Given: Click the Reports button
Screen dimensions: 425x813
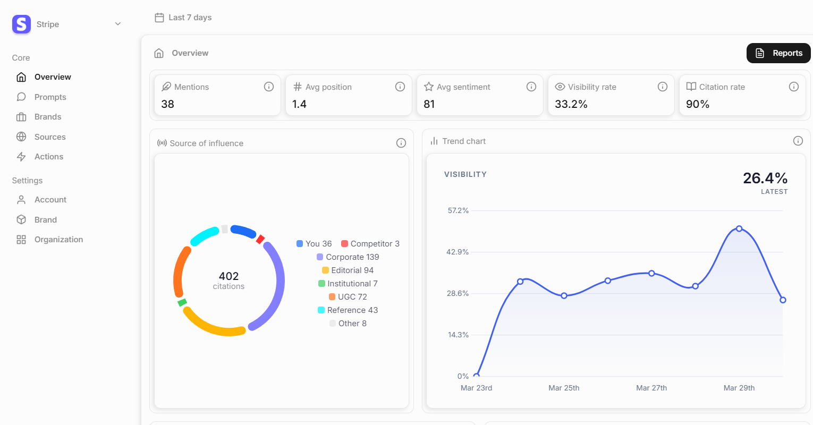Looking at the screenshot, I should click(778, 53).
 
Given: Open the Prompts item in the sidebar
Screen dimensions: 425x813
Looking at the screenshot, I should click(50, 97).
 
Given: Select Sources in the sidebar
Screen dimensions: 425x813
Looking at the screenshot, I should click(50, 137).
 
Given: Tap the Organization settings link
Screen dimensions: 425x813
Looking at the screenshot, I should click(58, 240).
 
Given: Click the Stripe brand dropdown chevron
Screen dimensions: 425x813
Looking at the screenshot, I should click(118, 24).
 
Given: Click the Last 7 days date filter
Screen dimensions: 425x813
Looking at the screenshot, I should click(183, 18).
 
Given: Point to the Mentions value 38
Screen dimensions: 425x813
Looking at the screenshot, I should click(168, 104).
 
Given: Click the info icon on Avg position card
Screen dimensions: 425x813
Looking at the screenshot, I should click(400, 87).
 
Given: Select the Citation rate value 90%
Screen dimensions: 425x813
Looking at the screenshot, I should click(698, 104).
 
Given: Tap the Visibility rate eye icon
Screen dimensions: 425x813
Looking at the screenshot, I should click(560, 87).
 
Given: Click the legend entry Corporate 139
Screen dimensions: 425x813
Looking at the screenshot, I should click(348, 257).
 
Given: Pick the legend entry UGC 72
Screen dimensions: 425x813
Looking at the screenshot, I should click(348, 297).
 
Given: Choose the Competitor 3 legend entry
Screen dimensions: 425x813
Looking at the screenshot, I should click(370, 244).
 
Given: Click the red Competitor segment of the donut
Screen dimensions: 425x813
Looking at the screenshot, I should click(260, 240).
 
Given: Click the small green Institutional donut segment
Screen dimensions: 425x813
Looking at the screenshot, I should click(182, 302).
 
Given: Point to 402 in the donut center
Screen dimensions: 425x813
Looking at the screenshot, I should click(228, 276).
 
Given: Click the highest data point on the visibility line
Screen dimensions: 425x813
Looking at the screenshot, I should click(739, 228).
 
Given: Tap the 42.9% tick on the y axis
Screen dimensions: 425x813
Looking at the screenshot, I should click(458, 252).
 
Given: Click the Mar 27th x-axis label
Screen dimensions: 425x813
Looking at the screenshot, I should click(651, 388).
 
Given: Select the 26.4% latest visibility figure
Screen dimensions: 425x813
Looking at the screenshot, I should click(765, 178).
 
